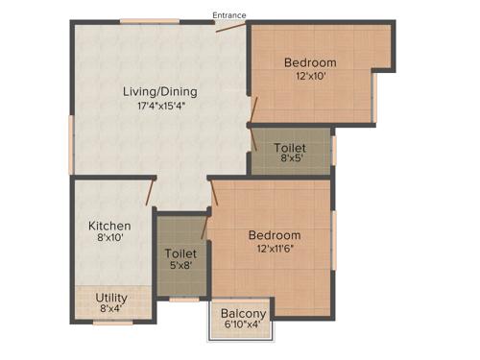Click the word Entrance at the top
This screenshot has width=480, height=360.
(x=229, y=15)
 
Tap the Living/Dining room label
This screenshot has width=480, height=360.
(x=160, y=92)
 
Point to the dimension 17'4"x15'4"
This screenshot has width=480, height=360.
(x=160, y=107)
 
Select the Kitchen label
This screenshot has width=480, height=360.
(x=109, y=226)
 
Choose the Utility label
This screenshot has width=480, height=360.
(x=111, y=298)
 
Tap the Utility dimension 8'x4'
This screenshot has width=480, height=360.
(x=111, y=310)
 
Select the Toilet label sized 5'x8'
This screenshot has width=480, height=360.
(x=180, y=253)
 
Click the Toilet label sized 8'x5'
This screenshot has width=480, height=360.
(x=291, y=148)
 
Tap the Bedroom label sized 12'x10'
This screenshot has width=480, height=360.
(x=310, y=63)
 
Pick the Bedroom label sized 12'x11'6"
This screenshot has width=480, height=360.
(x=275, y=235)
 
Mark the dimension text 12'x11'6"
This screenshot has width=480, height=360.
(x=275, y=250)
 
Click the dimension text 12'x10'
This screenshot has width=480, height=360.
(x=310, y=78)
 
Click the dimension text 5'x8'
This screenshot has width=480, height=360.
(x=180, y=267)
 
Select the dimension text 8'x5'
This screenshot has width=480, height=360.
(x=291, y=160)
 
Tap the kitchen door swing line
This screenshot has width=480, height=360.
(x=151, y=193)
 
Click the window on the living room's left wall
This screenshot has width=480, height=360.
(x=71, y=145)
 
